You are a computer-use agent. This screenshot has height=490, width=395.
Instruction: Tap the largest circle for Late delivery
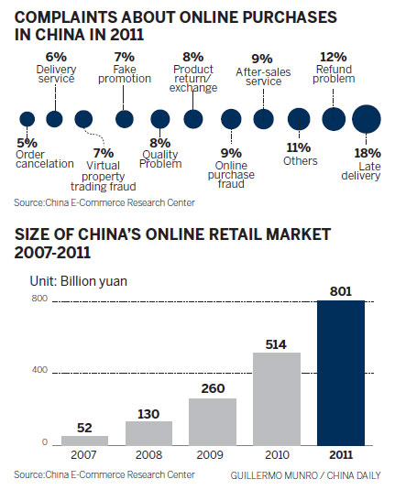[x=367, y=118]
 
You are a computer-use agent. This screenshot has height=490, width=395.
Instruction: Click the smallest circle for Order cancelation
[x=27, y=118]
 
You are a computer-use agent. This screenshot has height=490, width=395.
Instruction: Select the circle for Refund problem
[x=335, y=118]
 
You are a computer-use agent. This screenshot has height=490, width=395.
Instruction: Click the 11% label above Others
[x=300, y=147]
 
